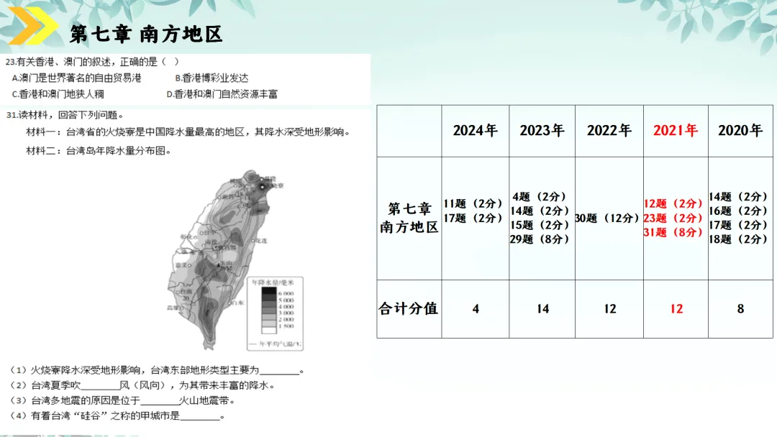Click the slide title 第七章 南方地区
(x=146, y=34)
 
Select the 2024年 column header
(x=475, y=131)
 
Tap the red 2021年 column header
(x=676, y=131)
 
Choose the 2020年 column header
(x=740, y=131)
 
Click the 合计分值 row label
(x=409, y=309)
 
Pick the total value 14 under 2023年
(x=542, y=309)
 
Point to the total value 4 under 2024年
(x=476, y=309)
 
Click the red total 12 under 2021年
(x=676, y=309)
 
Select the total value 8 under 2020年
(x=740, y=309)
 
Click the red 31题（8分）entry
(x=673, y=232)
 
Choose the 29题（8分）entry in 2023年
(x=540, y=239)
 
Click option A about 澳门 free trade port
(x=76, y=78)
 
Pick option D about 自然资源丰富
(x=222, y=94)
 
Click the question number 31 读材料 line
(x=65, y=115)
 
